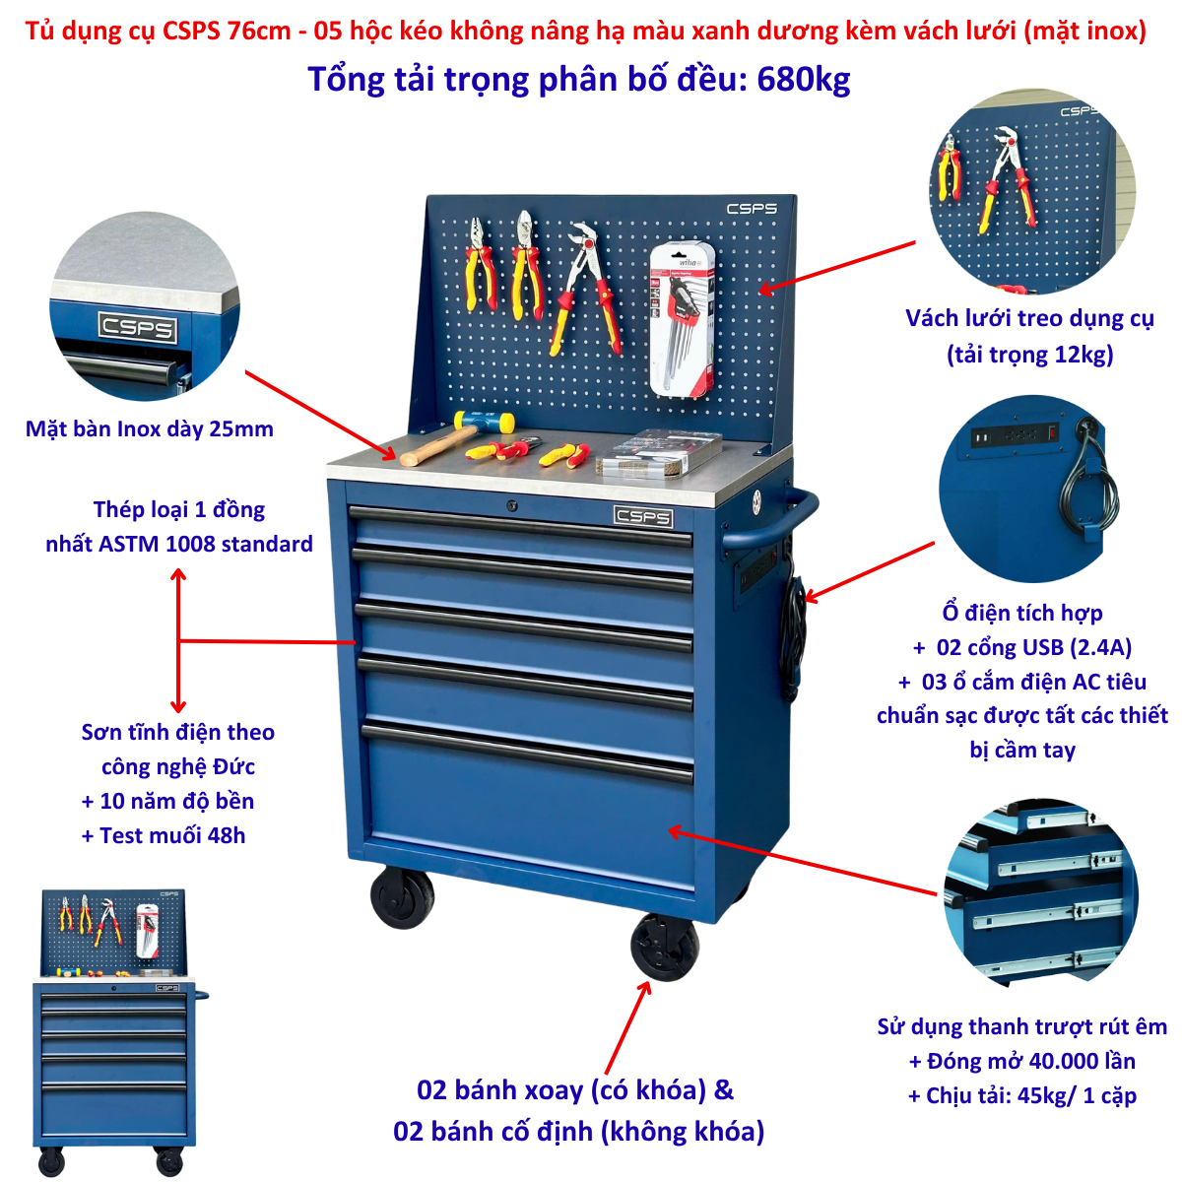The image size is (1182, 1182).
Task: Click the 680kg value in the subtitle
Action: (803, 80)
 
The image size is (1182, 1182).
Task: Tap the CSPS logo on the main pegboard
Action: (752, 209)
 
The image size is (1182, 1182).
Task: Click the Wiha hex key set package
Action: (682, 319)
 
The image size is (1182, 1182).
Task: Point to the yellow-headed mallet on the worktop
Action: (457, 436)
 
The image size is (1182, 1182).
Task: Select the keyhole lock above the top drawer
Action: (511, 506)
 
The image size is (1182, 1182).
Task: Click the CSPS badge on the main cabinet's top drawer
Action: (643, 516)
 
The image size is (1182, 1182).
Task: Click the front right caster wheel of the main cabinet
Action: (665, 948)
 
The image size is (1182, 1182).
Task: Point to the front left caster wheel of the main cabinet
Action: (402, 896)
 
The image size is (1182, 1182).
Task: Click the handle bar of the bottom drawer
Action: (528, 754)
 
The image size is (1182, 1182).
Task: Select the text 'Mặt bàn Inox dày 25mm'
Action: (149, 429)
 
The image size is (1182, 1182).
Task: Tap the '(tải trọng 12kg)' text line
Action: (1029, 355)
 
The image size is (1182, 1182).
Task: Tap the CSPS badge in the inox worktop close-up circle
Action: (137, 327)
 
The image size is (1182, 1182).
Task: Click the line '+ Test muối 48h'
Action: (164, 836)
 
